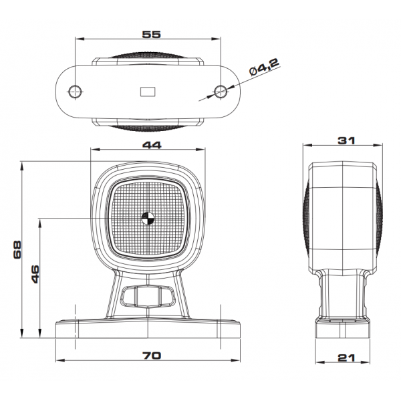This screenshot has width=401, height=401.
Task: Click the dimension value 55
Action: tap(152, 34)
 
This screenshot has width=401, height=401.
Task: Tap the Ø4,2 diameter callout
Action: tap(264, 68)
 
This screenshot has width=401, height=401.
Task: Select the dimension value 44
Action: tap(152, 145)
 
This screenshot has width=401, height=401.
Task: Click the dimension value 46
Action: tap(35, 274)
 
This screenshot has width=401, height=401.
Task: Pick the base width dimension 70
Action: tap(152, 356)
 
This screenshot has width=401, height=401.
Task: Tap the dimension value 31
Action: tap(346, 140)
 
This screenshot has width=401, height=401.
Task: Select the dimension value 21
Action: tap(346, 358)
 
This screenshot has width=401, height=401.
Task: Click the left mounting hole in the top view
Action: tap(76, 91)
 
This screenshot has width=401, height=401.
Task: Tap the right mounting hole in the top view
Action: tap(221, 91)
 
